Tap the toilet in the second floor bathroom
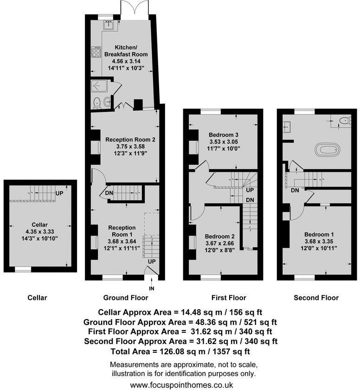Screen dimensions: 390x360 tap(344, 121)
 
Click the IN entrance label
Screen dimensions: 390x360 tap(151, 289)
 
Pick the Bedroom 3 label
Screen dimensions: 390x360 tap(224, 135)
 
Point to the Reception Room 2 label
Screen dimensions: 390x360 tap(130, 139)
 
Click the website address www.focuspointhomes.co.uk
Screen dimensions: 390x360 tap(181, 385)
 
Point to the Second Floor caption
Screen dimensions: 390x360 tap(316, 298)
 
